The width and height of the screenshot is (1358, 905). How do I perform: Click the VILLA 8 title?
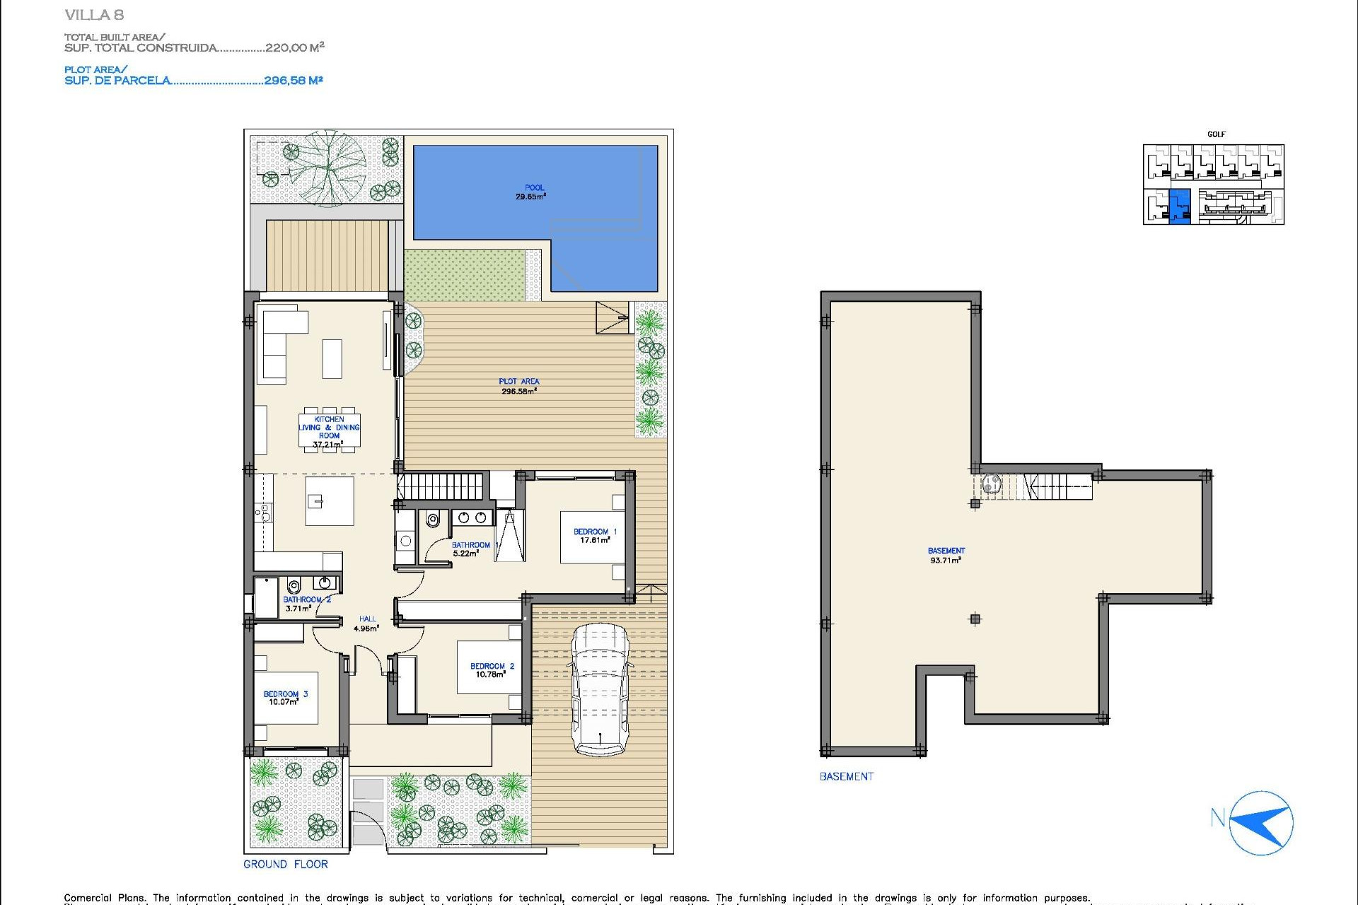click(x=94, y=15)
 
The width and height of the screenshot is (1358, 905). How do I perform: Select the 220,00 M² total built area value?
click(x=294, y=47)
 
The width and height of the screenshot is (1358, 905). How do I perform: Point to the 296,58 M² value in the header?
click(x=294, y=81)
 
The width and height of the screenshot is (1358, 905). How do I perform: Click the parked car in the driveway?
click(x=600, y=689)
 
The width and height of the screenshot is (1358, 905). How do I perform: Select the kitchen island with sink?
click(x=330, y=501)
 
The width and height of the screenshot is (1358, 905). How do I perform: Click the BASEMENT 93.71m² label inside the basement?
click(x=946, y=555)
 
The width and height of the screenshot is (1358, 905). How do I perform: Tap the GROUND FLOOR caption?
click(x=286, y=864)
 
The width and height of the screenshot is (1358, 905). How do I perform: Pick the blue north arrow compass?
click(x=1262, y=823)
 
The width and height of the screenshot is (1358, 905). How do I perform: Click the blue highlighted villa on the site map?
click(x=1180, y=206)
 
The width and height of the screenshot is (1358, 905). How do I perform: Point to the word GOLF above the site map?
click(x=1216, y=134)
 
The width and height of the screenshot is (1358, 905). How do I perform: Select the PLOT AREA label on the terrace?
click(x=518, y=386)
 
